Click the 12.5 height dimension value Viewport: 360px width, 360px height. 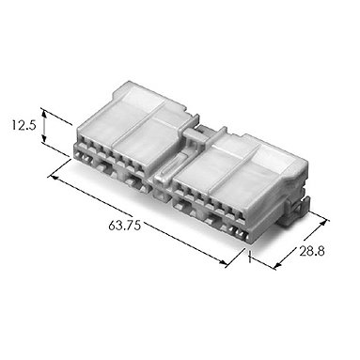pos(24,125)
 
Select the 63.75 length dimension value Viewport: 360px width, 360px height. pos(124,226)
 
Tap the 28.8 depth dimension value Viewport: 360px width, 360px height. pos(312,251)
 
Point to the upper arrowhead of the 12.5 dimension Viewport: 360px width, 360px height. pos(44,112)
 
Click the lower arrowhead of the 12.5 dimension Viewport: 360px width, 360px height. pos(44,138)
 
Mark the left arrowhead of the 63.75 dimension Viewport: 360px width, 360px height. pos(55,178)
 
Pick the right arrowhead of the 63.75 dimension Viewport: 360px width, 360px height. pos(222,262)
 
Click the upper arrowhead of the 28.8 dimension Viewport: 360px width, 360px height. pos(323,224)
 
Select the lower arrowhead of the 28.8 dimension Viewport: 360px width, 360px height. pos(277,266)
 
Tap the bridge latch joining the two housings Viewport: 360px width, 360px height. pos(195,135)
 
